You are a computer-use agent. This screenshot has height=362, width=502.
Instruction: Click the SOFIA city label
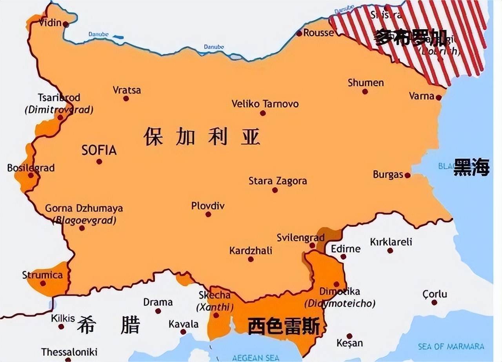[x=99, y=150]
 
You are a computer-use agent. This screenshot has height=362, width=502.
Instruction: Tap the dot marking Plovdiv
[x=208, y=214]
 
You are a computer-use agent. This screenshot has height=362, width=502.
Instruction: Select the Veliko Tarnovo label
[x=265, y=104]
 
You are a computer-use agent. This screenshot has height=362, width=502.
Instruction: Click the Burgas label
[x=387, y=174]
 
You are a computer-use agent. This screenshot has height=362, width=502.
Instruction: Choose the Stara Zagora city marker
[x=275, y=190]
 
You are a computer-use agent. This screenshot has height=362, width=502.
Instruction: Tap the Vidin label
[x=50, y=23]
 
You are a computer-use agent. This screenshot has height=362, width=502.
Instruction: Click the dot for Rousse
[x=299, y=34]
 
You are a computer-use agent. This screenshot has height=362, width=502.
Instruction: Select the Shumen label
[x=366, y=83]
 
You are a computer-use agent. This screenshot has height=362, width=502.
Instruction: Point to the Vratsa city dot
[x=126, y=98]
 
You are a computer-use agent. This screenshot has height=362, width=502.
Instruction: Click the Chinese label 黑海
[x=471, y=168]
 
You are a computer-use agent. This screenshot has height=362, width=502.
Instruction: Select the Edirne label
[x=346, y=249]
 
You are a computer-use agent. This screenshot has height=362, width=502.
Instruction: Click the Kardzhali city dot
[x=251, y=259]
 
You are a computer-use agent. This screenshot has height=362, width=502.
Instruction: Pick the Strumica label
[x=42, y=275]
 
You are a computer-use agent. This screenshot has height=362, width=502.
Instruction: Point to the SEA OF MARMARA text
[x=451, y=346]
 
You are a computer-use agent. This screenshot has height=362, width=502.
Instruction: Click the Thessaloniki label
[x=69, y=351]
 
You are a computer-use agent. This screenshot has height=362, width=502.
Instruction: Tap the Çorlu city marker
[x=434, y=302]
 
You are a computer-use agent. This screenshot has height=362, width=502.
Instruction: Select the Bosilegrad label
[x=31, y=168]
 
